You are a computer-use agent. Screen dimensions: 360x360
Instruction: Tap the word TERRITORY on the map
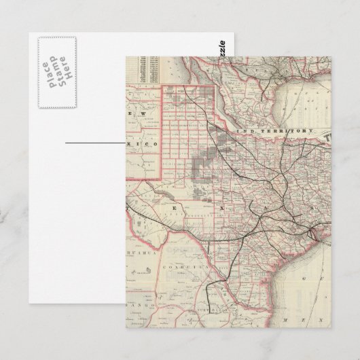(x=287, y=129)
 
